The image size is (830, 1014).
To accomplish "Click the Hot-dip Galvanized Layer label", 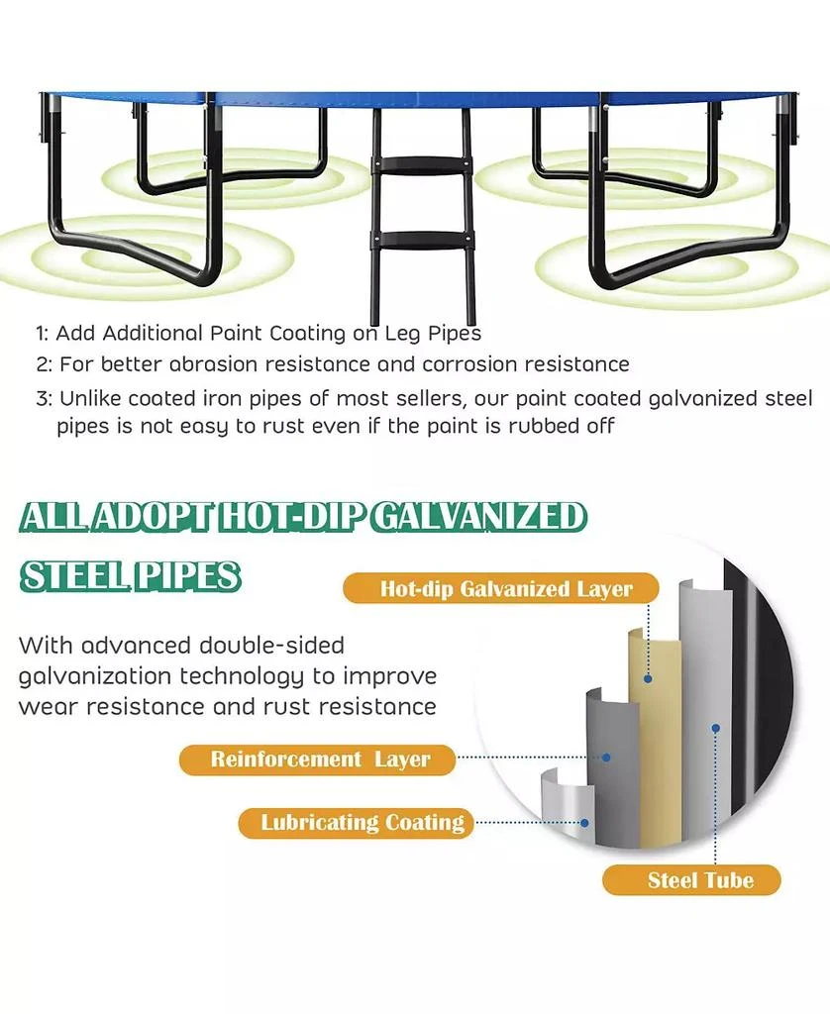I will (505, 589).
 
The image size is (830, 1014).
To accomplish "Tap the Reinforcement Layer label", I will (319, 760).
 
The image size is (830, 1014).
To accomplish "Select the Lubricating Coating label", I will (362, 822).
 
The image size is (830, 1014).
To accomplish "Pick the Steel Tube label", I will (699, 880).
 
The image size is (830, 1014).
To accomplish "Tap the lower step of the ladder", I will (420, 240).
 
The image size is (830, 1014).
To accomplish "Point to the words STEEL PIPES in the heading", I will (131, 576).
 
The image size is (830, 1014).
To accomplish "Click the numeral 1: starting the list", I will (42, 334).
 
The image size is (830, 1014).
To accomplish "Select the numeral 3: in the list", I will (43, 400).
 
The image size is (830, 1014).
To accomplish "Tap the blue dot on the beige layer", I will (648, 679).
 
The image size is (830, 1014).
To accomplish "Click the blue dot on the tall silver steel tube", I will (714, 728).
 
